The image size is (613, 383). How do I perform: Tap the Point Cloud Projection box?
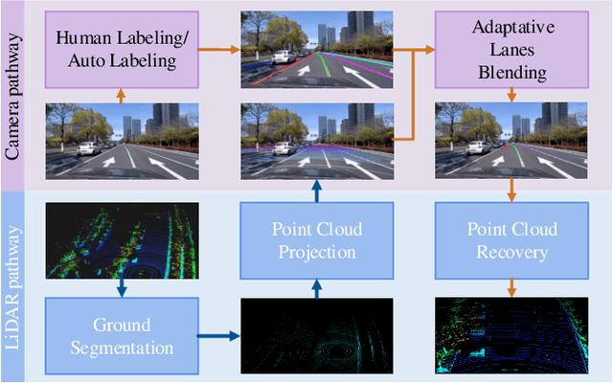coord(315,241)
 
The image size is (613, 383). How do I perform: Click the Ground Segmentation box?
coord(121,335)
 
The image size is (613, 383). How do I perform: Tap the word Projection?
coord(315,253)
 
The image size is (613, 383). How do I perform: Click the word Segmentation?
coord(121,347)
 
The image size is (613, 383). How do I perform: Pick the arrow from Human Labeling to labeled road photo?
coord(219,47)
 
